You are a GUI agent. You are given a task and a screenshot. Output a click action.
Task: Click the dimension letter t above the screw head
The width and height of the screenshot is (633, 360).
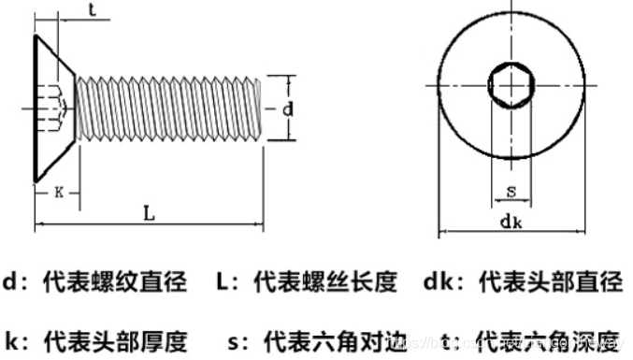coord(93,11)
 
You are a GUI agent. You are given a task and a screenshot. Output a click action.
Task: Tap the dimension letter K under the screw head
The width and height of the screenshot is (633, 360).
coord(59,193)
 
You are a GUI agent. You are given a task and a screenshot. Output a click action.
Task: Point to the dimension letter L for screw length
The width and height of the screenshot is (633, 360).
coord(149,213)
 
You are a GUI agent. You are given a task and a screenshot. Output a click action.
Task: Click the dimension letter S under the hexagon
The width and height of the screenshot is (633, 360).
coord(511,192)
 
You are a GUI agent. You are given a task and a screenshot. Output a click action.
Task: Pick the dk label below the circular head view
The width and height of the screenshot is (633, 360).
coord(511,222)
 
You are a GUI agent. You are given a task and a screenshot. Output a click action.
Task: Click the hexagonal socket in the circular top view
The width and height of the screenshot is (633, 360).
coord(511,86)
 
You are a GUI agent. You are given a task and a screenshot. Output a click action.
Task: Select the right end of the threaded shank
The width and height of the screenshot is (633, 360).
coord(260,108)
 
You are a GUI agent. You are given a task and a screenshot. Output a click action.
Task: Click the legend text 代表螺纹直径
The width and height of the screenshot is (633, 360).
coord(115,281)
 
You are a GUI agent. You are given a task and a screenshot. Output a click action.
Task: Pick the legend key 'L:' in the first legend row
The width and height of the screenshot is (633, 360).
coord(228,281)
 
